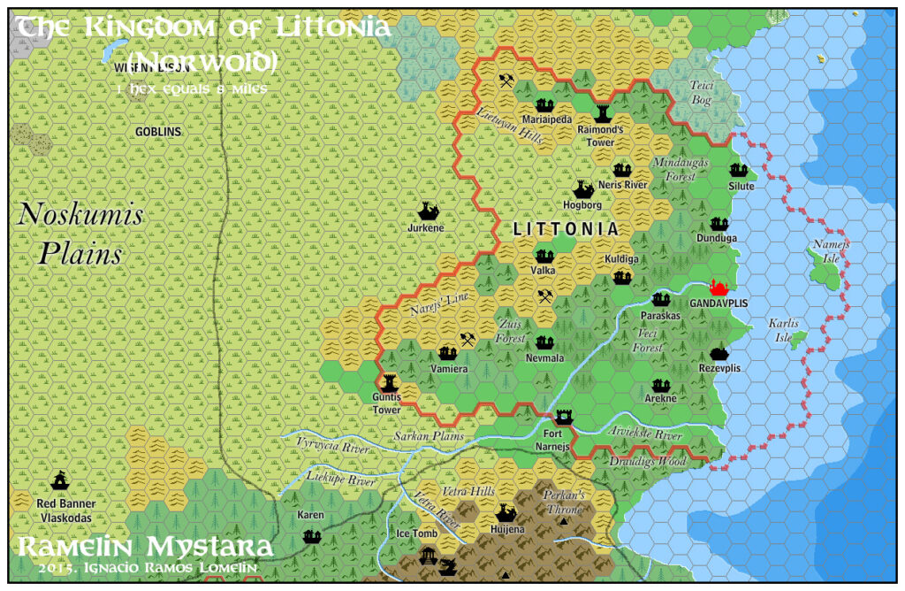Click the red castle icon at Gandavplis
pos(719,288)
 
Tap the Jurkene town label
pos(426,227)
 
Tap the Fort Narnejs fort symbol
pos(564,416)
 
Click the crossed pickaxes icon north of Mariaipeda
pos(506,81)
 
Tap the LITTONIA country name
pos(566,229)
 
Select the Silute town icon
pos(739,170)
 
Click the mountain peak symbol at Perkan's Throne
pos(564,522)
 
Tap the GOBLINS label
pos(158,132)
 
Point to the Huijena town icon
pos(506,512)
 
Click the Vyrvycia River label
pos(332,449)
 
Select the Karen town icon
pos(311,535)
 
